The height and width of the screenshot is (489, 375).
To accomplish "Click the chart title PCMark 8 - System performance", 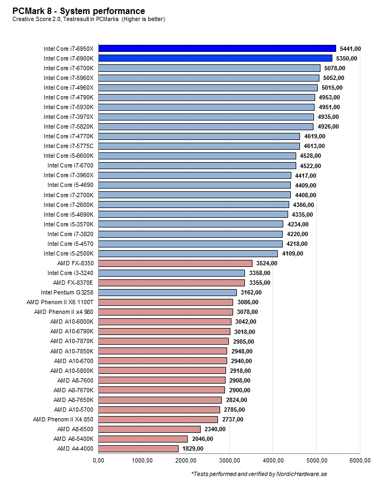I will [79, 11].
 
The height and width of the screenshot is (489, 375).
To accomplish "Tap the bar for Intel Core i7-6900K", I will [215, 58].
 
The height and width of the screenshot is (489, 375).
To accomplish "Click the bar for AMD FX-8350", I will [175, 263].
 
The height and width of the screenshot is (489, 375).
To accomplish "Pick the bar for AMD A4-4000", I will [138, 448].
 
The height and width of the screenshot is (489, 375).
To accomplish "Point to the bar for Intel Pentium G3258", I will [167, 292].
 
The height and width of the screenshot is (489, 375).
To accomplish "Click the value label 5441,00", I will [350, 49].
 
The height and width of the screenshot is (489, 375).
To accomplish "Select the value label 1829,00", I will [193, 448].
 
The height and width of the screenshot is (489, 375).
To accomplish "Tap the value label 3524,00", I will [267, 263].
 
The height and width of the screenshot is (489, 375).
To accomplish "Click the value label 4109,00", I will [292, 253].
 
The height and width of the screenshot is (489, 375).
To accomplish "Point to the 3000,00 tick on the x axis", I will [229, 460].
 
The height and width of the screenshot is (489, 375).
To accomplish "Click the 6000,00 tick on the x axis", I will [360, 460].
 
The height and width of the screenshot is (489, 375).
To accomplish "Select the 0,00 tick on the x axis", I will [99, 460].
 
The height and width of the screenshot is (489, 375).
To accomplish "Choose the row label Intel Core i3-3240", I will [70, 273].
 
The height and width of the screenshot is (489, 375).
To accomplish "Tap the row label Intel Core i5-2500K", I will [69, 253].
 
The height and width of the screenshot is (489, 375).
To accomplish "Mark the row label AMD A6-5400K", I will [75, 439].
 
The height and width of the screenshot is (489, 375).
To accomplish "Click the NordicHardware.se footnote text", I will [260, 474].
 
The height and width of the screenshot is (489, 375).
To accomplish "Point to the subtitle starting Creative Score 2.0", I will [88, 19].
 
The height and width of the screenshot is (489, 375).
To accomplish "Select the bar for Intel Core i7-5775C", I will [199, 146].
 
